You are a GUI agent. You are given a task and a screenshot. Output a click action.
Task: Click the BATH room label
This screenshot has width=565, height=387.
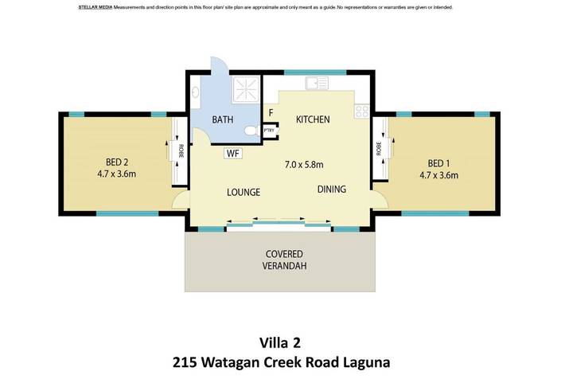(x=222, y=120)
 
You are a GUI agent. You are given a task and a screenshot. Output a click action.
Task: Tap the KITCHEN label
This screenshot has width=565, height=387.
(x=313, y=119)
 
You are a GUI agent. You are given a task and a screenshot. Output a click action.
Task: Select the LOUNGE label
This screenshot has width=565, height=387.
(x=244, y=192)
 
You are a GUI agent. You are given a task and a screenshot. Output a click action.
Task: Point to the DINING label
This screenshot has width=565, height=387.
(x=332, y=190)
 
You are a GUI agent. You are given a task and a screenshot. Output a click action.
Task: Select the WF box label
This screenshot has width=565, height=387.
(x=233, y=153)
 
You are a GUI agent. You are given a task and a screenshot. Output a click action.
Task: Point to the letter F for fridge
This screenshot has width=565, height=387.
(x=271, y=113)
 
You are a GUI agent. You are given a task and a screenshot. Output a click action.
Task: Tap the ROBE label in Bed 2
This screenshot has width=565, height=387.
(x=181, y=151)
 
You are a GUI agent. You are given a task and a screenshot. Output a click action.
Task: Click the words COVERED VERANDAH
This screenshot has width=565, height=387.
(x=282, y=260)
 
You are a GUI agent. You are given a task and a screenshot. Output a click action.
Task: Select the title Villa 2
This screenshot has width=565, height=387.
(x=282, y=342)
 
